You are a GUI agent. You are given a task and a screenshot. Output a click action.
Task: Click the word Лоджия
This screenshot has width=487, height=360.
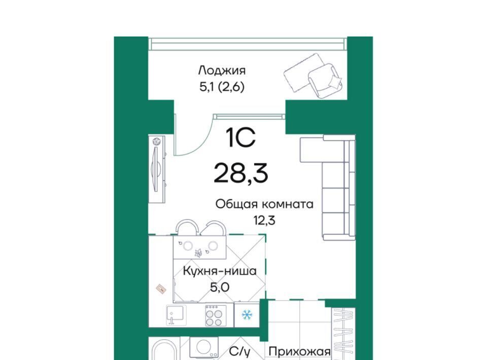[x=222, y=71]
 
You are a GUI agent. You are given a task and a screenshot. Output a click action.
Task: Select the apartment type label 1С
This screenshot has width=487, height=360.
[x=241, y=138]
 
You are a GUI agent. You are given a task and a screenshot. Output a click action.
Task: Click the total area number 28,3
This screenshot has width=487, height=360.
[x=240, y=174]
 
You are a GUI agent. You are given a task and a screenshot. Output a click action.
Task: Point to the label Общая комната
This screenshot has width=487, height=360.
[x=264, y=204]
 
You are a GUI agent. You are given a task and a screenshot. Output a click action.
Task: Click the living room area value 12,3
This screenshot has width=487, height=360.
[x=264, y=221]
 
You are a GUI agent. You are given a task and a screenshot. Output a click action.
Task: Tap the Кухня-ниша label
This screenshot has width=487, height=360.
[x=220, y=271]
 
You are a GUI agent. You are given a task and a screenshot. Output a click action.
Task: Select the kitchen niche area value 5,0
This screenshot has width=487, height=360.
[x=220, y=287]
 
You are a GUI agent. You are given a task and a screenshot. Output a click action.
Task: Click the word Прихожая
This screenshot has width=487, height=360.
[x=299, y=352]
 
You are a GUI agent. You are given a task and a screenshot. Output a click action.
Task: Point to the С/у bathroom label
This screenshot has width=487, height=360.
[x=239, y=352]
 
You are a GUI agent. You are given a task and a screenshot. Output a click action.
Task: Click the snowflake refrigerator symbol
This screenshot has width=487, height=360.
[x=247, y=315]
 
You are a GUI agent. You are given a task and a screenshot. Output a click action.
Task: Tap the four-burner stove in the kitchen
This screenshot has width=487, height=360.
[x=216, y=315]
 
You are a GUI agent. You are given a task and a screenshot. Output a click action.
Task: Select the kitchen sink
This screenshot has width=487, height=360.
[x=176, y=315]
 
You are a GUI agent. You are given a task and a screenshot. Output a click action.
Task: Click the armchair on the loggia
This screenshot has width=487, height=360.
[x=325, y=81]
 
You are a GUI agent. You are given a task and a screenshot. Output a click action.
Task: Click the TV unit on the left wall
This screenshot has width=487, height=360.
[x=157, y=169]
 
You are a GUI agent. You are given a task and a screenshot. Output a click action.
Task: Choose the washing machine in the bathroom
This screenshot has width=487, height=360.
[x=204, y=347]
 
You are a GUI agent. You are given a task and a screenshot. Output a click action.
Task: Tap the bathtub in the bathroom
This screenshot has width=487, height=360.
[x=164, y=350]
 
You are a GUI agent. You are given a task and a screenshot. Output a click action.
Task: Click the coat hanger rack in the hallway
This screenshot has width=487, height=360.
[x=343, y=334]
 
